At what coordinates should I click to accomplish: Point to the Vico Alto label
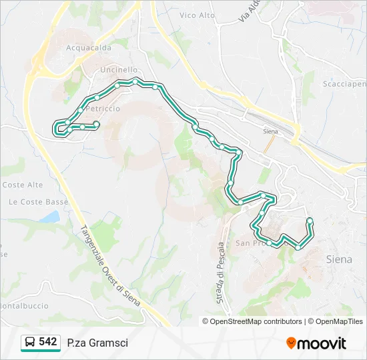tap(198, 14)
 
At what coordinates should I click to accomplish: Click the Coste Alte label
tap(22, 185)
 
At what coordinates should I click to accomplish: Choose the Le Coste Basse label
tap(34, 202)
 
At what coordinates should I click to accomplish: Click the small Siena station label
tap(270, 132)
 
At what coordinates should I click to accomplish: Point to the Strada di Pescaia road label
tap(220, 273)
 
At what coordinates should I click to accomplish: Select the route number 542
tap(48, 341)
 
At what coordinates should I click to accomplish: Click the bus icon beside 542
tap(30, 342)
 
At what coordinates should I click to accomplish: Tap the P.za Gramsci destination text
tap(97, 343)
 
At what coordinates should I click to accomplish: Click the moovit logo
tap(316, 343)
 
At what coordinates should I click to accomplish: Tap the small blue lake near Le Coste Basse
tap(49, 217)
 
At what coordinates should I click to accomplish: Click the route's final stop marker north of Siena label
tap(310, 221)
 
